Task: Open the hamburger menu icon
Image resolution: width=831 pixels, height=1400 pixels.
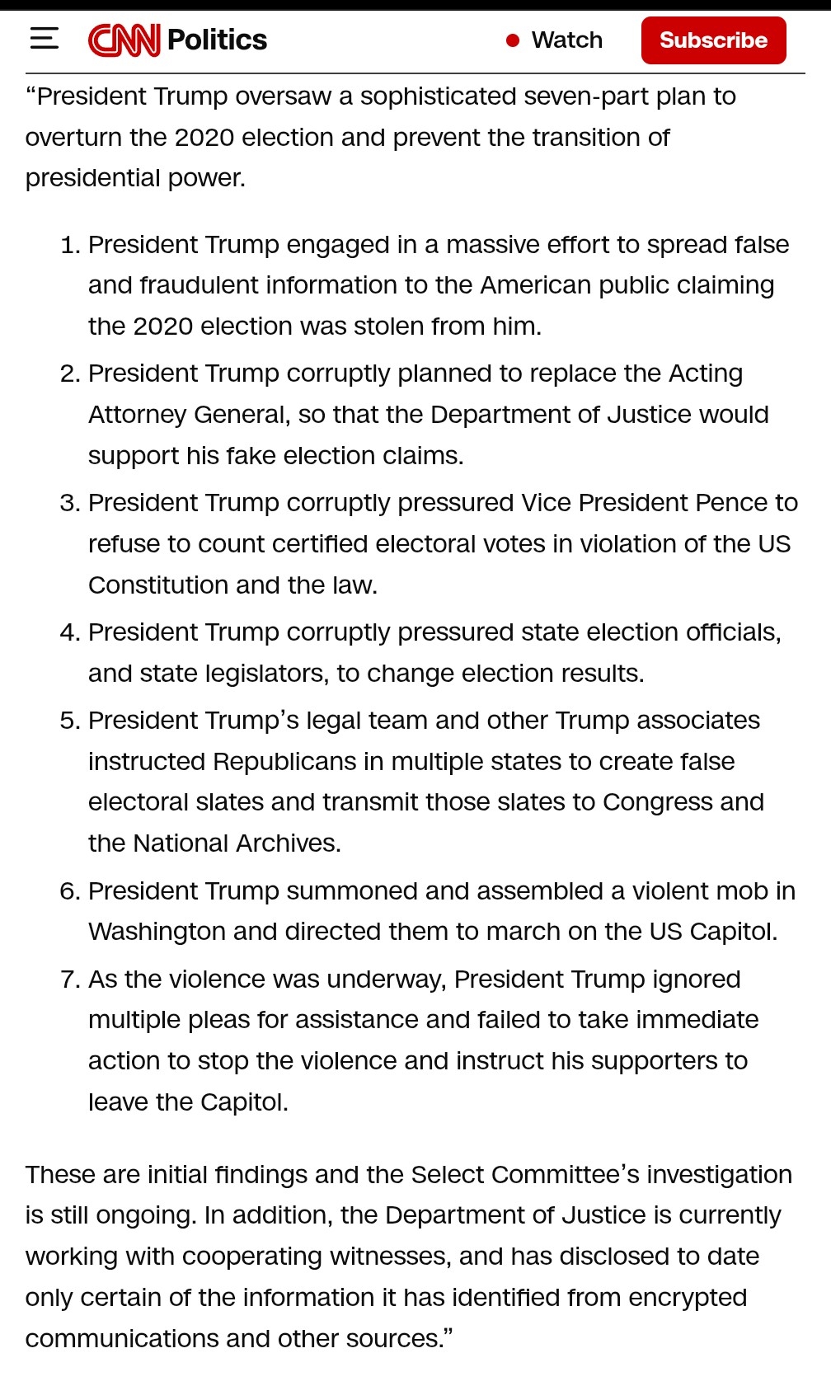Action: click(x=45, y=39)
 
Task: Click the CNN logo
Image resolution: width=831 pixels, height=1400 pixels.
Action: click(x=124, y=40)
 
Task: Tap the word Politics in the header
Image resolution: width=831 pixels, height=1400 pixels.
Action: click(x=217, y=40)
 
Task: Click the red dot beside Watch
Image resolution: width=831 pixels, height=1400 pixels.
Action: click(x=513, y=40)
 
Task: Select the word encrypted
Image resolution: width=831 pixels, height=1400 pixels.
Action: click(x=687, y=1298)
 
